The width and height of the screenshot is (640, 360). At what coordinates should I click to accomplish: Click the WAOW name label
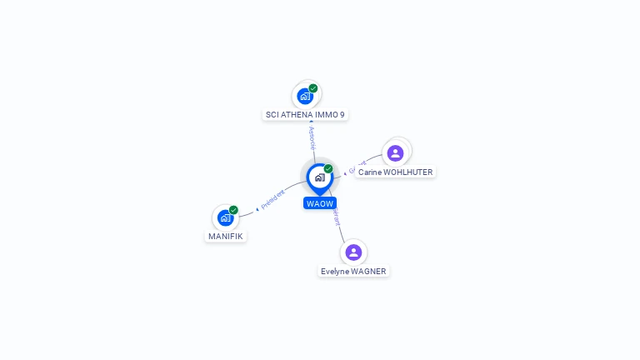[320, 203]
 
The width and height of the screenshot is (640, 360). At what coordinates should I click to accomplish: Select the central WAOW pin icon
[319, 177]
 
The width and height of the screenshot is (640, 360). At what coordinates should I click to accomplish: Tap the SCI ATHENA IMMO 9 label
[305, 114]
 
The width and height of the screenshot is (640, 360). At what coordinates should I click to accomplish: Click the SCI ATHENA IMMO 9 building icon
[305, 96]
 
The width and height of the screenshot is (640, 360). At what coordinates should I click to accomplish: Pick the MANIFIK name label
[226, 236]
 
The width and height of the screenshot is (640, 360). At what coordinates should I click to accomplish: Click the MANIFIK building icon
[225, 217]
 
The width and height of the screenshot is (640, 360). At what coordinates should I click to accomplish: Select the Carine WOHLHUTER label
[395, 172]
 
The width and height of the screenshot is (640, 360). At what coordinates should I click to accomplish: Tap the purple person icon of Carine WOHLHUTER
[396, 152]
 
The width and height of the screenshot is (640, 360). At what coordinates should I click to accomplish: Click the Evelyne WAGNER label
[353, 271]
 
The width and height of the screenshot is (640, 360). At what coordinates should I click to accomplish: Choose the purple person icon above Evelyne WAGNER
[353, 252]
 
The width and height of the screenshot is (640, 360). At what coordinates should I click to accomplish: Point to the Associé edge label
[312, 137]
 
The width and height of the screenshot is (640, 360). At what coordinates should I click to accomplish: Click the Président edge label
[272, 199]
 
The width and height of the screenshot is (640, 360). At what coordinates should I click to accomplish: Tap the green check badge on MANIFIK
[233, 210]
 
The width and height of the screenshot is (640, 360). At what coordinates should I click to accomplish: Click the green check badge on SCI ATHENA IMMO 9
[313, 88]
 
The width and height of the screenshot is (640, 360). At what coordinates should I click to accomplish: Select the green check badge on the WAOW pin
[328, 169]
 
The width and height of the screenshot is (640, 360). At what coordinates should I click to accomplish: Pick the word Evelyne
[336, 271]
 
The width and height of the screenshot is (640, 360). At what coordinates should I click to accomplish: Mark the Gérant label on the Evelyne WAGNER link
[337, 217]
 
